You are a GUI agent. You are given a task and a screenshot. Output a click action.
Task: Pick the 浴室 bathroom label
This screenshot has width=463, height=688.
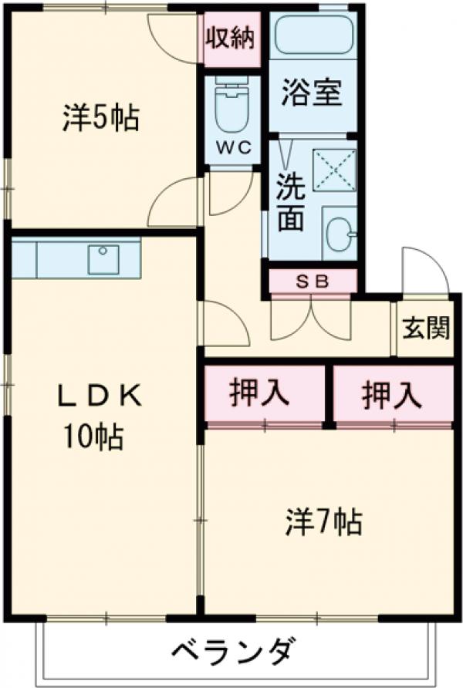(312, 96)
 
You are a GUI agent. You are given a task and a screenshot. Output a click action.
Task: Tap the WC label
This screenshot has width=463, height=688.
(234, 148)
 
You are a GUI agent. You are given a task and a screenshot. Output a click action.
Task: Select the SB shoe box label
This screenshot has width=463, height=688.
(313, 282)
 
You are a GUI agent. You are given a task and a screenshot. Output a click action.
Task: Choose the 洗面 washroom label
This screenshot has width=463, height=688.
(290, 203)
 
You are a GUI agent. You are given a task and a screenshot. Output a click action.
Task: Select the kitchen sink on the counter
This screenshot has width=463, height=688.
(103, 259)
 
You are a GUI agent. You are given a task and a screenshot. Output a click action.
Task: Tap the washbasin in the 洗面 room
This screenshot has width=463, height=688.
(340, 231)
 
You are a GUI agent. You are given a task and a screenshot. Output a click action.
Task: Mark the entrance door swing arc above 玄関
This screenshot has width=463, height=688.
(423, 270)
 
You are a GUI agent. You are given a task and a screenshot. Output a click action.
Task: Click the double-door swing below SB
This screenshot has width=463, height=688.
(309, 316)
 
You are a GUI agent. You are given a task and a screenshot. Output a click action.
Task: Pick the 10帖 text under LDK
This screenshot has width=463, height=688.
(93, 438)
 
